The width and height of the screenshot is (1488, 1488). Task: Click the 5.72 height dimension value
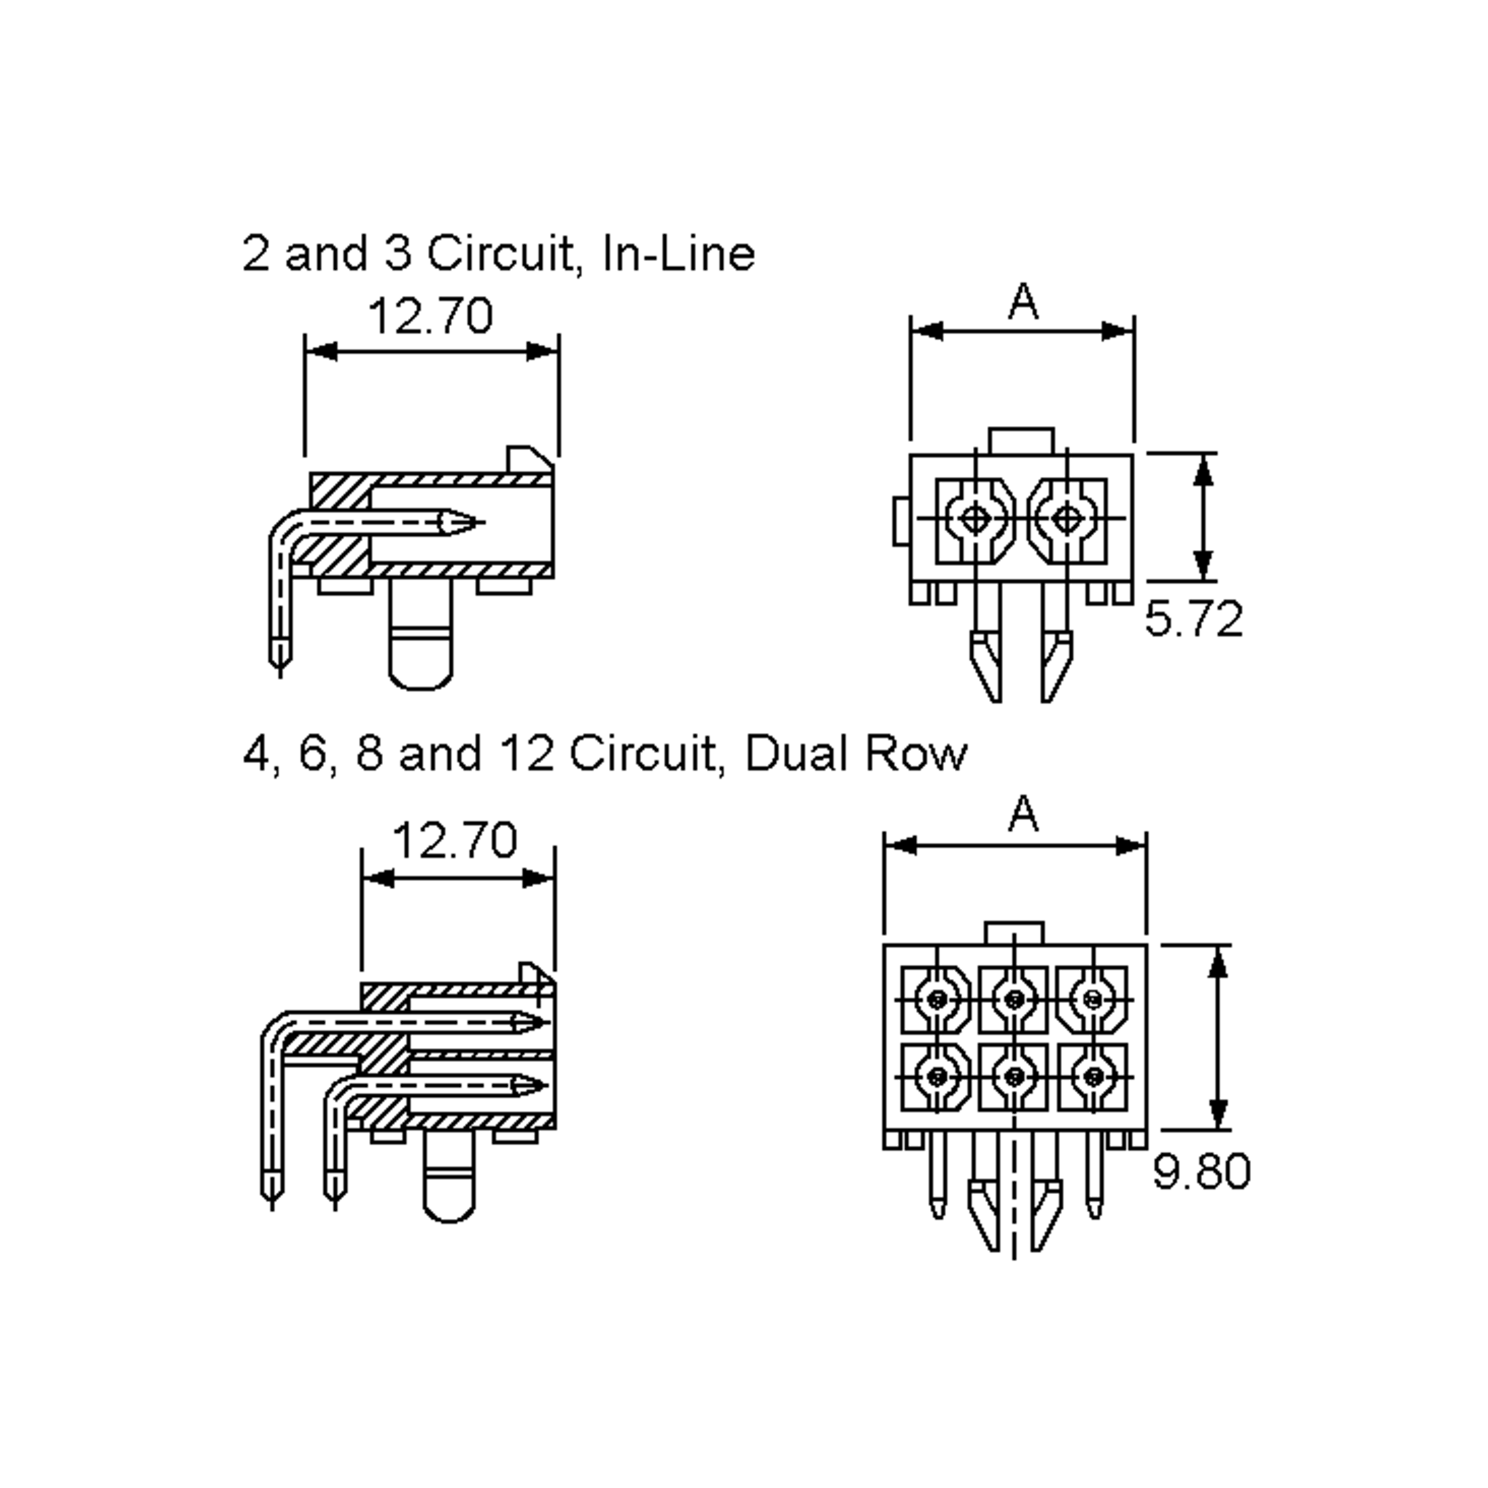[1193, 619]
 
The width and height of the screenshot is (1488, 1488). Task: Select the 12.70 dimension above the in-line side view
[430, 316]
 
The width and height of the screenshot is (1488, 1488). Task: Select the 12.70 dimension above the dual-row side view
[454, 840]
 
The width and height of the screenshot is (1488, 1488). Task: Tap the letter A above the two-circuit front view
[1023, 302]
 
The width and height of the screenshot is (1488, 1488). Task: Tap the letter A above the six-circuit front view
[1023, 814]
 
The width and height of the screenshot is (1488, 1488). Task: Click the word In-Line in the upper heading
[678, 254]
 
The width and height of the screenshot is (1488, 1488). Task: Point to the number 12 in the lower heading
[527, 754]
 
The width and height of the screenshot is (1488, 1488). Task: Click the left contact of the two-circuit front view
[975, 518]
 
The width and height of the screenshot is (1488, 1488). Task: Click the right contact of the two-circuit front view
[1066, 518]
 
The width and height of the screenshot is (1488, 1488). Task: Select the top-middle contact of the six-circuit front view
[1014, 999]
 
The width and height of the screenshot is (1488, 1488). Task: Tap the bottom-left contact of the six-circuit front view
[937, 1076]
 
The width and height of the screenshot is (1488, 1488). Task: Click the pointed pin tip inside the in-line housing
[462, 522]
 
